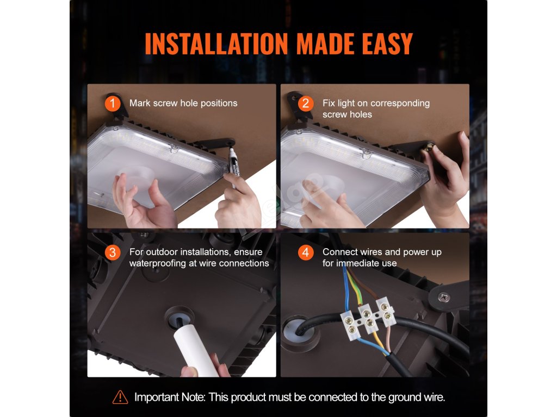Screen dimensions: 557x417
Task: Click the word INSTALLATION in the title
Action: (216, 44)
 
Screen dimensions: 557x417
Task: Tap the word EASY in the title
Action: (387, 44)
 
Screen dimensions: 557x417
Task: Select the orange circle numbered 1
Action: (113, 104)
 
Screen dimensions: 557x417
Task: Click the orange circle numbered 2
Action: (306, 104)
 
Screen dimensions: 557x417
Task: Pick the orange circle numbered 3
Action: (113, 252)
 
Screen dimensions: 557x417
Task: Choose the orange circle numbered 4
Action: (306, 252)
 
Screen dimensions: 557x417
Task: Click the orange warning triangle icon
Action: (120, 397)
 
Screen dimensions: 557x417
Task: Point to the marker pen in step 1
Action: (233, 167)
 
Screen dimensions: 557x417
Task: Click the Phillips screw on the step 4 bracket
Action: (444, 297)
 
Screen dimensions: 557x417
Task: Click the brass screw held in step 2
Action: (428, 146)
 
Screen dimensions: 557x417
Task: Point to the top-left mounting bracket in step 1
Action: (117, 106)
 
